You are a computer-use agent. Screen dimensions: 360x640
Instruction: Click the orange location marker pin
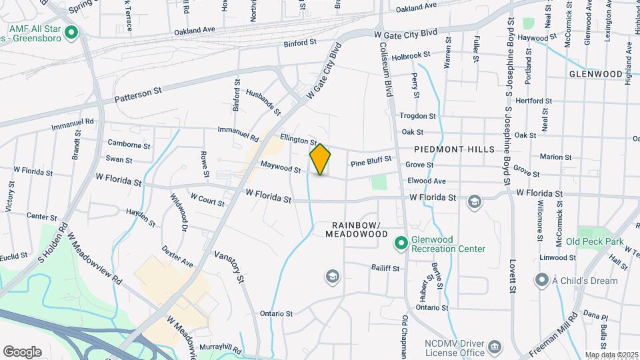tap(321, 159)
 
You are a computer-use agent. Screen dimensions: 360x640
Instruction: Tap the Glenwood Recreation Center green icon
tap(401, 244)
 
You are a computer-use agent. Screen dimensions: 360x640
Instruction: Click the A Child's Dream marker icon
tap(543, 280)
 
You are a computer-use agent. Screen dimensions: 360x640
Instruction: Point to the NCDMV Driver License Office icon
tap(495, 347)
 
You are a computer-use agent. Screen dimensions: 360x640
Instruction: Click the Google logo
tap(22, 351)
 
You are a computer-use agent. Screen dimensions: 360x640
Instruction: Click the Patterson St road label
tap(138, 94)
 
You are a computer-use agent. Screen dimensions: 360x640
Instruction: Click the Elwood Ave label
tap(426, 181)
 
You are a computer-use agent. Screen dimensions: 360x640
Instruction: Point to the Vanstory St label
tap(229, 265)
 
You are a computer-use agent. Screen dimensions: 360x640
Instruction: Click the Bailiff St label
tap(385, 269)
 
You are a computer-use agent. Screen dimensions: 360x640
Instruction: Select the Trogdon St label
tap(417, 115)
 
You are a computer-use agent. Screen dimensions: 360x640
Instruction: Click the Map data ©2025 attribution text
tap(611, 355)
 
